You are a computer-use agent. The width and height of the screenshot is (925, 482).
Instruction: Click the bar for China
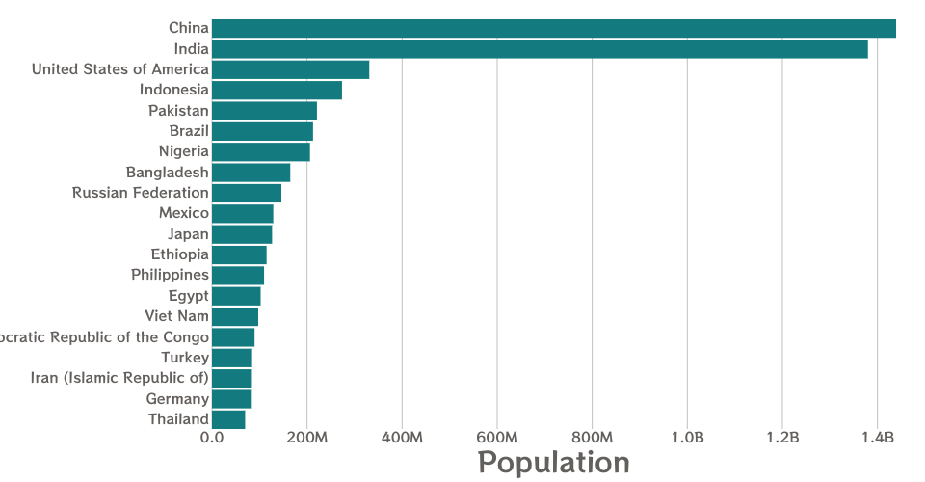point(554,29)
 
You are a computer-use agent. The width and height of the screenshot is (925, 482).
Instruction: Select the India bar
point(540,49)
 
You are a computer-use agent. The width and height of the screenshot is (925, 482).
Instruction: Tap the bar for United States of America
point(290,69)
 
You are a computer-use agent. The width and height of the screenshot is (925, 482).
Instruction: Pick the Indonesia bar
point(277,91)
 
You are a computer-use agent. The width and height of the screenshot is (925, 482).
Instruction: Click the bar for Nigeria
point(260,151)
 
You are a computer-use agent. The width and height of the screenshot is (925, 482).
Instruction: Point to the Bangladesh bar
point(251,173)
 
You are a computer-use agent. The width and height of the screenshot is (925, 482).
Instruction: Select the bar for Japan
point(242,234)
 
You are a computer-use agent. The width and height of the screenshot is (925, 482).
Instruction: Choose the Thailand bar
point(228,419)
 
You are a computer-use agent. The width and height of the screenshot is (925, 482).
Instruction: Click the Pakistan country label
point(178,111)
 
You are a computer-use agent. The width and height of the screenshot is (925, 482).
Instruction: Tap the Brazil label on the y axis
point(189,131)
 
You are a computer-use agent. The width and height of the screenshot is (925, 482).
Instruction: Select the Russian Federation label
point(141,193)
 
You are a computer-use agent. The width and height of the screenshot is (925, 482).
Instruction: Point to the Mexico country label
point(184,213)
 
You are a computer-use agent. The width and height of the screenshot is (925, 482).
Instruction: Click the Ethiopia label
point(180,254)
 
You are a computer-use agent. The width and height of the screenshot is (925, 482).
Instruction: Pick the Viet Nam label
point(176,316)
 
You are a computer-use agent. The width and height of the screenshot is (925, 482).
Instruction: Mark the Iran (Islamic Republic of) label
point(119,378)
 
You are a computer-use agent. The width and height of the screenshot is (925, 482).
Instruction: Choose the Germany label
point(177,399)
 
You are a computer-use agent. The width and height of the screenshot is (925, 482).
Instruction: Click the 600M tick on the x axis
point(497,439)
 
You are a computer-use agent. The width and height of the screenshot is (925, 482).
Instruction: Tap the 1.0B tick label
point(687,439)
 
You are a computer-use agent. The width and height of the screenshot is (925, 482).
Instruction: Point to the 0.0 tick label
point(212,439)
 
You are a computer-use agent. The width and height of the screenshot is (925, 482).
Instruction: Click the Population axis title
point(554,463)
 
